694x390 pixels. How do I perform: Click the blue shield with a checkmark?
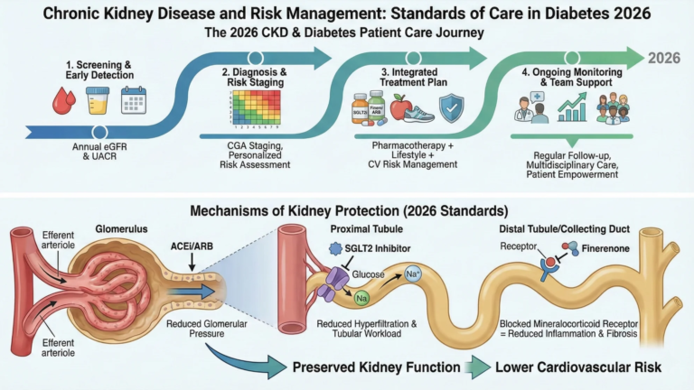click(451, 108)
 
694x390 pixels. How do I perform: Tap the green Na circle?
click(361, 295)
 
